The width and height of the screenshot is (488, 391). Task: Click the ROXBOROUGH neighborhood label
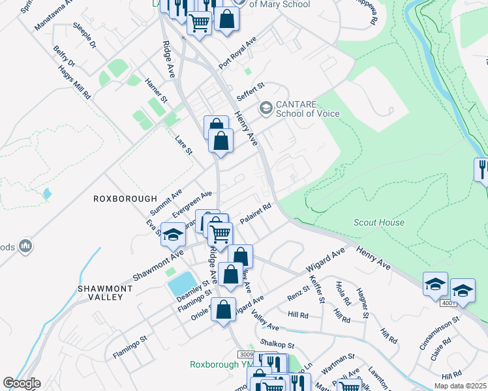[x=125, y=199]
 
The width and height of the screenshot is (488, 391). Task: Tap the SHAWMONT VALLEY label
[x=100, y=292]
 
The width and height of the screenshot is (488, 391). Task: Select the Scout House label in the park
[x=378, y=222]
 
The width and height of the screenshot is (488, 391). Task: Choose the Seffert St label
[x=250, y=91]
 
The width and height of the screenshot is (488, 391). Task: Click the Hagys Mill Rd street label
[x=74, y=81]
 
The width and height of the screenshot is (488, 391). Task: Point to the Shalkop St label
[x=277, y=345]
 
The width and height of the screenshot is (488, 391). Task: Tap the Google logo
[x=22, y=383]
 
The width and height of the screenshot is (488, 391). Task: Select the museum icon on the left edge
[x=25, y=246]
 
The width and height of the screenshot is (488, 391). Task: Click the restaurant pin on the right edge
[x=481, y=169]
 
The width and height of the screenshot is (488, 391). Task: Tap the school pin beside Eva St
[x=173, y=235]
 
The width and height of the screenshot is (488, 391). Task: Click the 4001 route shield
[x=448, y=303]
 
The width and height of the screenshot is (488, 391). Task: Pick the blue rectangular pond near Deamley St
[x=182, y=283]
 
